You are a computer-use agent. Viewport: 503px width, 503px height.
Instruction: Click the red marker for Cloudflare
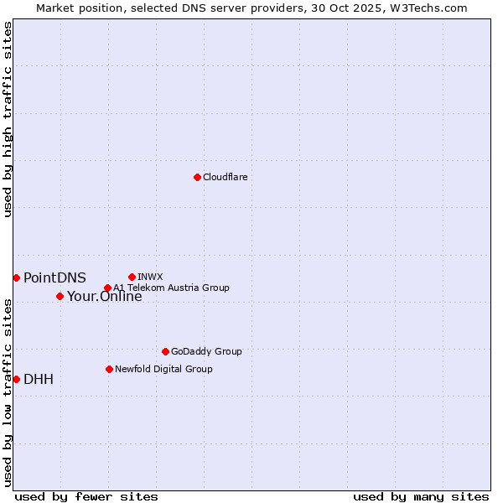[197, 177]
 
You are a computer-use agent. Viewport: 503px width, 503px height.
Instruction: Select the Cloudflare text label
[225, 177]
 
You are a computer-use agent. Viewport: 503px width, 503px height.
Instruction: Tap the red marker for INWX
[132, 277]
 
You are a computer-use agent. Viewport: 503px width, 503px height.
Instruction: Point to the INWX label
[150, 277]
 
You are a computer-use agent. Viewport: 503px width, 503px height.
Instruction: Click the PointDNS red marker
[16, 277]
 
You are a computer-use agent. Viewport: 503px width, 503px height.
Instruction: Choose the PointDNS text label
[54, 277]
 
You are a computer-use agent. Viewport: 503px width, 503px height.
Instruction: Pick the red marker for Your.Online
[60, 296]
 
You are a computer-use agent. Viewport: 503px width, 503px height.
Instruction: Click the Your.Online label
[104, 297]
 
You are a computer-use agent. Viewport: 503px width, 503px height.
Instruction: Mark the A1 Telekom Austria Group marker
[107, 288]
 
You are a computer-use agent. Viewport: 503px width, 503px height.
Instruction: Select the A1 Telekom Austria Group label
[171, 288]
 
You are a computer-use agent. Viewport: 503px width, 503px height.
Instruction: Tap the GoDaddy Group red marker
[165, 351]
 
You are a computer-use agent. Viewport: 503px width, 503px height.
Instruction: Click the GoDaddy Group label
[205, 351]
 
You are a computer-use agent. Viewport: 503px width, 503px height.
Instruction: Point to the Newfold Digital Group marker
[109, 369]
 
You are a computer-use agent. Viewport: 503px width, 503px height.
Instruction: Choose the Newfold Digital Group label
[163, 369]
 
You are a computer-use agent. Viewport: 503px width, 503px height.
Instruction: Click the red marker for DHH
[16, 379]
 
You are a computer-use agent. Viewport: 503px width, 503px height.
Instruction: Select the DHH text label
[39, 379]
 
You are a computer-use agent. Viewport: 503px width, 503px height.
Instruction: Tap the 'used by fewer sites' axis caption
[86, 496]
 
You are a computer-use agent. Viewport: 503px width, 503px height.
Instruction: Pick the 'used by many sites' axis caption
[420, 496]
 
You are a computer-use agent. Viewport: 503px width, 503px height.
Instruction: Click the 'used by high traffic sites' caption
[8, 119]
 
